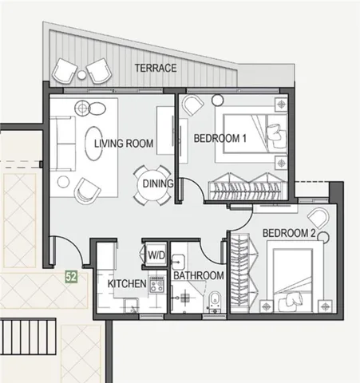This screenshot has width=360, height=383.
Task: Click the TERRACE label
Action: [x=156, y=68]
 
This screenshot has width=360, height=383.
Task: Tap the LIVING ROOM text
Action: [x=124, y=144]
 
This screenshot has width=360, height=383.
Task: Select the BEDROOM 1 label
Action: [x=220, y=139]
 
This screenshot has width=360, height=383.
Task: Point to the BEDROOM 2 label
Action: [x=289, y=233]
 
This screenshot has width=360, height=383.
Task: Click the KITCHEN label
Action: [x=127, y=284]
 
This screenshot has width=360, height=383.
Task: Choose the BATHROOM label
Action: [x=199, y=275]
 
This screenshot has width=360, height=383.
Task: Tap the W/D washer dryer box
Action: [x=156, y=255]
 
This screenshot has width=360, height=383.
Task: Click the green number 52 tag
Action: [x=71, y=277]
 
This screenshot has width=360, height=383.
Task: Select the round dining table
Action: [x=152, y=185]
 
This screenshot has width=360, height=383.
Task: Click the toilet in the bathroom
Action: [x=215, y=302]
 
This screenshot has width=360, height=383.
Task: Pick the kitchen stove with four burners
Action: [x=156, y=284]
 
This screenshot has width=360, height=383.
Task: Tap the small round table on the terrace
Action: [x=81, y=75]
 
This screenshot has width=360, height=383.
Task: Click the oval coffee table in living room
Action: [x=93, y=144]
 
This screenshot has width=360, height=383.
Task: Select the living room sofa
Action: [x=63, y=144]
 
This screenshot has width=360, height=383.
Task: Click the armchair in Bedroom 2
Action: [x=318, y=218]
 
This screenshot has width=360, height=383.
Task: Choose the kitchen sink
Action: [x=131, y=306]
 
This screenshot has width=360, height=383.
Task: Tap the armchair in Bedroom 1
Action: [x=192, y=105]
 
